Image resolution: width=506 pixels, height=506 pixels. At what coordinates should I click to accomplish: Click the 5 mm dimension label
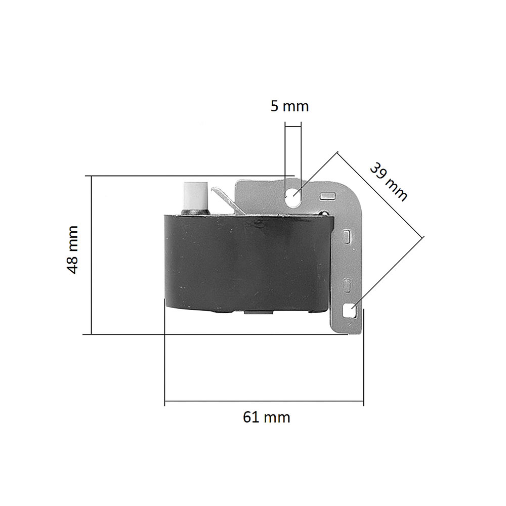click(x=289, y=106)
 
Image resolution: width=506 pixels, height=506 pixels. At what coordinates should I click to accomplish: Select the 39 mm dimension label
click(x=389, y=182)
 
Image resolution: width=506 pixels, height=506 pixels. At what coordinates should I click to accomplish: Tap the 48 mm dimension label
click(x=72, y=250)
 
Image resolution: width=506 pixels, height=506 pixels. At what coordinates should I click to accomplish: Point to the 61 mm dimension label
click(x=267, y=417)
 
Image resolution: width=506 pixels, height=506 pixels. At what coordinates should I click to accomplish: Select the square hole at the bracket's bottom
click(x=349, y=311)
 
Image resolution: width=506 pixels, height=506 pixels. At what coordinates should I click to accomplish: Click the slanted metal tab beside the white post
click(x=228, y=200)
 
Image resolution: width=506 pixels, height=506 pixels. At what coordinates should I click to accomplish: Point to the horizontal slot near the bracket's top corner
click(x=327, y=195)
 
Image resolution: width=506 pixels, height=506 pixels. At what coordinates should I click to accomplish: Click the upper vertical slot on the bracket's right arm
click(x=346, y=236)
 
